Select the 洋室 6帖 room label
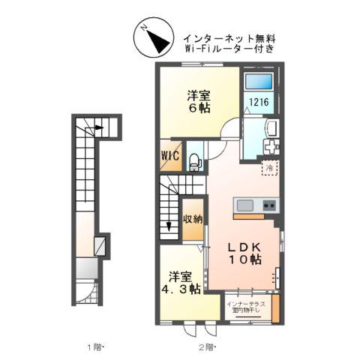tap(199, 100)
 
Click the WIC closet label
tap(169, 158)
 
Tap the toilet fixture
tap(194, 159)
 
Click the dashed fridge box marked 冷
tap(268, 169)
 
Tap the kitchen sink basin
tap(247, 205)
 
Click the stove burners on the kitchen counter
tap(268, 205)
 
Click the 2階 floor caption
tap(206, 346)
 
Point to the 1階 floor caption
tap(94, 346)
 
